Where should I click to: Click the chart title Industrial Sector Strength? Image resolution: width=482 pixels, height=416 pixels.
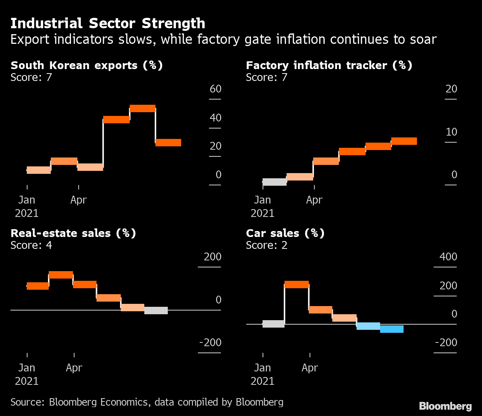(107, 23)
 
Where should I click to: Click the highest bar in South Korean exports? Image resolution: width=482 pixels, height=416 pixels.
(142, 108)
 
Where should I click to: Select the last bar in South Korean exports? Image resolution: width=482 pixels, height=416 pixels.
(168, 143)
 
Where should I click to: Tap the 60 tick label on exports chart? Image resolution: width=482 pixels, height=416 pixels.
(215, 89)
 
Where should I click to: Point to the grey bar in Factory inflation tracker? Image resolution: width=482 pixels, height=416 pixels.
(274, 182)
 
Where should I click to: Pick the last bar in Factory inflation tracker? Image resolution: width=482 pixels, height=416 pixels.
(404, 141)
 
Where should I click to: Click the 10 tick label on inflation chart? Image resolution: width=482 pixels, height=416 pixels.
(451, 132)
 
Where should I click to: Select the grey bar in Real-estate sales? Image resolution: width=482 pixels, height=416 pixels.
(156, 311)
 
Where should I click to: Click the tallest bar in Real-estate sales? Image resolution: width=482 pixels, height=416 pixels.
(61, 275)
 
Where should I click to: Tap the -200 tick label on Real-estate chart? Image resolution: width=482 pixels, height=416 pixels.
(210, 342)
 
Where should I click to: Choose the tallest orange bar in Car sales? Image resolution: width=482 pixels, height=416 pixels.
(296, 285)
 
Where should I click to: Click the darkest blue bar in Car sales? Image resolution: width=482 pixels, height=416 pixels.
(392, 329)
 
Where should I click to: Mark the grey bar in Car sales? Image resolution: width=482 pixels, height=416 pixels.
(273, 324)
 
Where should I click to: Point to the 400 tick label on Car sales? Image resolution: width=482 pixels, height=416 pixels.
(448, 257)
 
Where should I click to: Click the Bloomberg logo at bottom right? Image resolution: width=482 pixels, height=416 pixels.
(445, 406)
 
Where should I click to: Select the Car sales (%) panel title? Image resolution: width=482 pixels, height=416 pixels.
(285, 233)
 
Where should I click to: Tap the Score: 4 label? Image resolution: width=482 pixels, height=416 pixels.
(31, 245)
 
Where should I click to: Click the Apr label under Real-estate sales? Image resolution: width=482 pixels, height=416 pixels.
(74, 368)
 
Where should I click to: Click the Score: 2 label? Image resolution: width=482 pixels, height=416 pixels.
(267, 245)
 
